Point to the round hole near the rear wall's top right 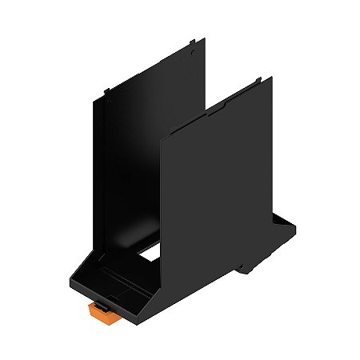[194, 52]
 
